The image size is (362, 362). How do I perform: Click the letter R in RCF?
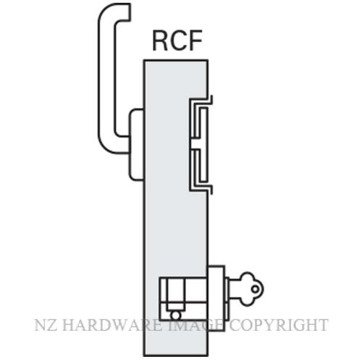pyautogui.click(x=160, y=41)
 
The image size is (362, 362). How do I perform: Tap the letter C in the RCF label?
pyautogui.click(x=177, y=41)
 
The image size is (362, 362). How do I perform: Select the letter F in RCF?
pyautogui.click(x=195, y=41)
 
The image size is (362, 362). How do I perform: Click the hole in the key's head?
pyautogui.click(x=255, y=289)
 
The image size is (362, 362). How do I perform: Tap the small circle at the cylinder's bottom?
pyautogui.click(x=175, y=316)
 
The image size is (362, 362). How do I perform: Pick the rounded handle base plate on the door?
pyautogui.click(x=137, y=145)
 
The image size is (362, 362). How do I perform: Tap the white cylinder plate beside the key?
pyautogui.click(x=216, y=298)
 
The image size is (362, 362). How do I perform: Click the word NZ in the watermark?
pyautogui.click(x=46, y=325)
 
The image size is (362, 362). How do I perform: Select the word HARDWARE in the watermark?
pyautogui.click(x=111, y=325)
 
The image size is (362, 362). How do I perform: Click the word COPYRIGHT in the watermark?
pyautogui.click(x=279, y=325)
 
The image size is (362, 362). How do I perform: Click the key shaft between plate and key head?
pyautogui.click(x=234, y=289)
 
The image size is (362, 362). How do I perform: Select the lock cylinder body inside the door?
pyautogui.click(x=183, y=299)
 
